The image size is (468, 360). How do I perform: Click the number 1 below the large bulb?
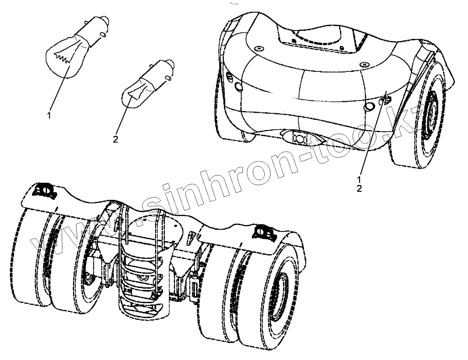pos(49,115)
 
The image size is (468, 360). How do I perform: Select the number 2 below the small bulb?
pos(116,139)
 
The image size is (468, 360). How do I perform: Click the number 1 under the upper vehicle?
pos(359,179)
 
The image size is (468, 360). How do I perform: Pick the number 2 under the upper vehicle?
pos(359,188)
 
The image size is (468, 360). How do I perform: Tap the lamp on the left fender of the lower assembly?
pos(43,190)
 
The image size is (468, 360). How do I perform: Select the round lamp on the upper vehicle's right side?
pos(369,107)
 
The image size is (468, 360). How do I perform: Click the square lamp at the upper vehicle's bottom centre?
pos(299,138)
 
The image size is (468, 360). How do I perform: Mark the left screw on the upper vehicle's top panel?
pos(259,49)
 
